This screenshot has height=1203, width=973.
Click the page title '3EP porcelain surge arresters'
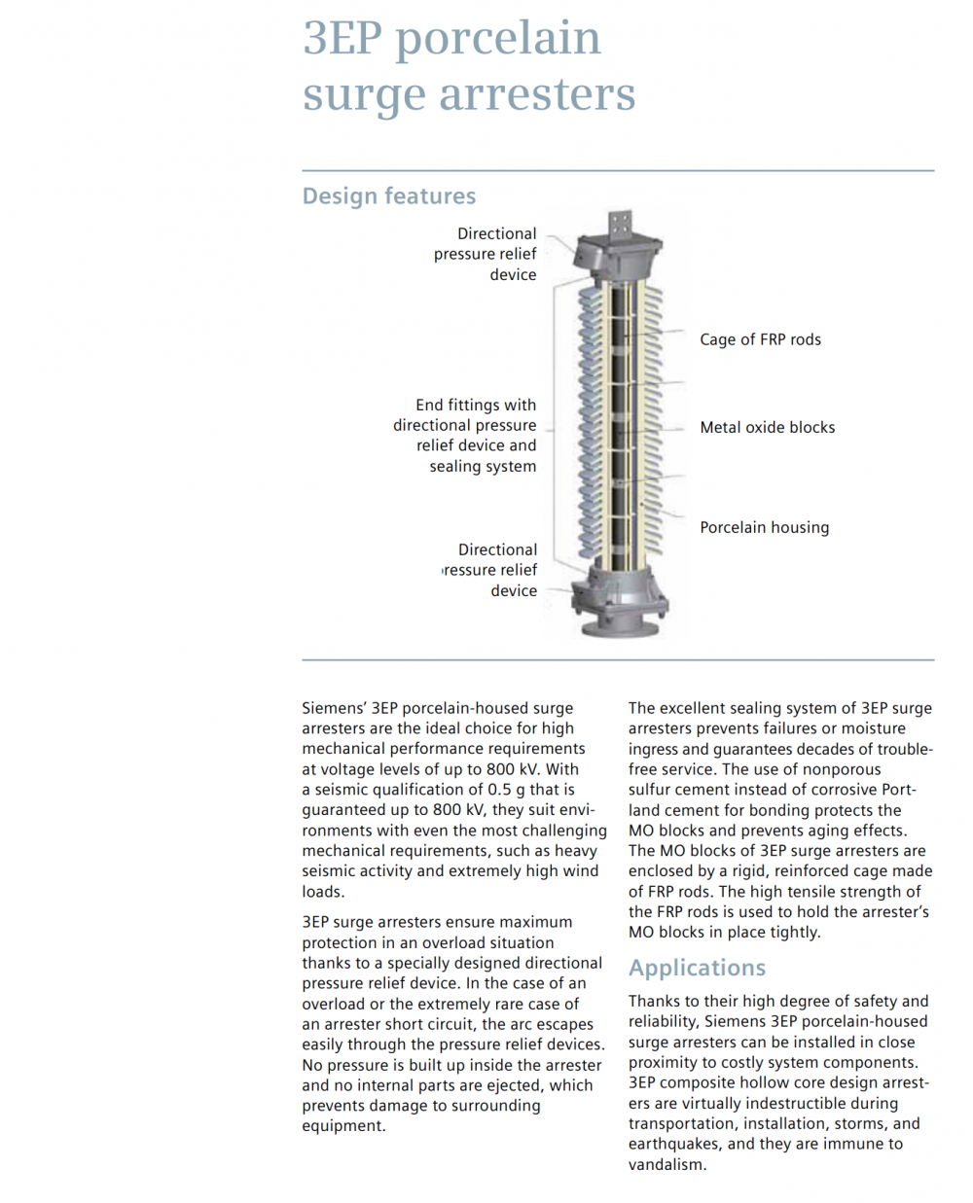[x=468, y=65]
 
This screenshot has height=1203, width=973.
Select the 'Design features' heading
[x=388, y=195]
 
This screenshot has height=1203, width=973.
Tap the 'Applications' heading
[x=697, y=968]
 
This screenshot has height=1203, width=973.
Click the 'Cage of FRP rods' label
[x=760, y=339]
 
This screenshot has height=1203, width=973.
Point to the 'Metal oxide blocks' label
[x=767, y=427]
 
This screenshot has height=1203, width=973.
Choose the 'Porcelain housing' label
[x=764, y=527]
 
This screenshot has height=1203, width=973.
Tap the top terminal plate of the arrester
[x=620, y=225]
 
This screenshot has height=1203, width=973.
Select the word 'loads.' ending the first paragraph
[x=323, y=892]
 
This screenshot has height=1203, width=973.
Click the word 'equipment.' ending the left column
[x=343, y=1126]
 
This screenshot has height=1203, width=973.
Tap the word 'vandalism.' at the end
[x=667, y=1165]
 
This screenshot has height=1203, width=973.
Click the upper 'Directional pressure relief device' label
[x=486, y=254]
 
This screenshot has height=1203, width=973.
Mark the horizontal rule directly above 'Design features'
[x=618, y=171]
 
